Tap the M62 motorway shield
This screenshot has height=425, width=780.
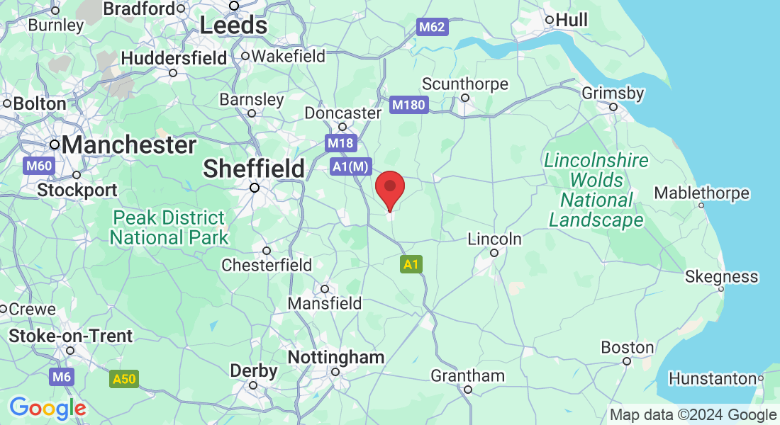point(431,28)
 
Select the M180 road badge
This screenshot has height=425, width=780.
point(409,106)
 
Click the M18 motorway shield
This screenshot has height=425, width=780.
point(340,143)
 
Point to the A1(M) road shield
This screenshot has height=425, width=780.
point(351,166)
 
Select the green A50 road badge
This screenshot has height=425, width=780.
point(123,379)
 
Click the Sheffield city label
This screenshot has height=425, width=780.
point(254,169)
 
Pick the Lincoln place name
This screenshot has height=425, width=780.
point(495,239)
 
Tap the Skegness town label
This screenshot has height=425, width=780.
point(721,276)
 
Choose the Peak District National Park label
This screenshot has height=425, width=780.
point(169,227)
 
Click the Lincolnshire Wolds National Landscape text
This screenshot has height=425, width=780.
point(596,190)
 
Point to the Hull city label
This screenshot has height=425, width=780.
point(572,20)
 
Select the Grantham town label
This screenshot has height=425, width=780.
point(468,375)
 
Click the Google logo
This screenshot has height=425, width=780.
point(48,408)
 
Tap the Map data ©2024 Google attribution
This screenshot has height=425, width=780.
point(693,415)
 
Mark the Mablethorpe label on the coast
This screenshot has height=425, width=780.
point(701,193)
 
